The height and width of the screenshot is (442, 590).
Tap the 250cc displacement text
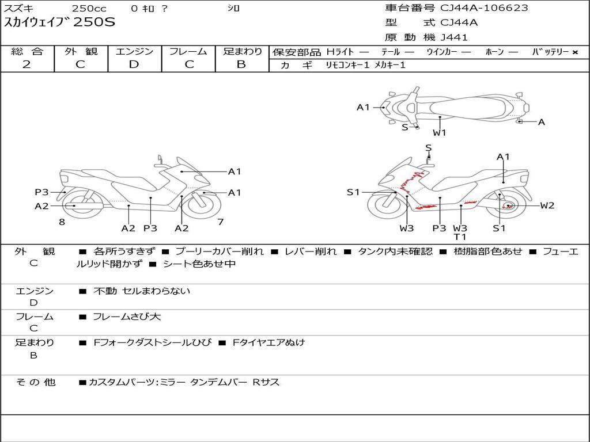(89, 9)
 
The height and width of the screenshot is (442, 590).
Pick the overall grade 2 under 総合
(27, 64)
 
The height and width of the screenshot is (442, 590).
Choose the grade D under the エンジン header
(134, 64)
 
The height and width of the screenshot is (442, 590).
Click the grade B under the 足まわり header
(241, 64)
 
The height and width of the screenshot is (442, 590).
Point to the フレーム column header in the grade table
(189, 51)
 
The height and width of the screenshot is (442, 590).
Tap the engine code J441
(454, 37)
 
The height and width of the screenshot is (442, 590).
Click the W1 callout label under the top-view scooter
(440, 133)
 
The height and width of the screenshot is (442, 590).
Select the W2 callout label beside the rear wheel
(547, 205)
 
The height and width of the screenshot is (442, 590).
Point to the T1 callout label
(460, 237)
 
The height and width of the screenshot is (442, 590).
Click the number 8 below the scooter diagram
(62, 222)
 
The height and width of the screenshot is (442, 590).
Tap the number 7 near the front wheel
(220, 222)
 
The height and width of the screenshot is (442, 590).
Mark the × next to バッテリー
(574, 52)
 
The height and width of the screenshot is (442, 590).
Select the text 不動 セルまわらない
(142, 291)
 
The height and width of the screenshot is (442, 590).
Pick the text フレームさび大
(127, 317)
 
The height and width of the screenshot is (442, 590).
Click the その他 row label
(36, 382)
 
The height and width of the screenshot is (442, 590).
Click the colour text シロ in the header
(233, 9)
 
